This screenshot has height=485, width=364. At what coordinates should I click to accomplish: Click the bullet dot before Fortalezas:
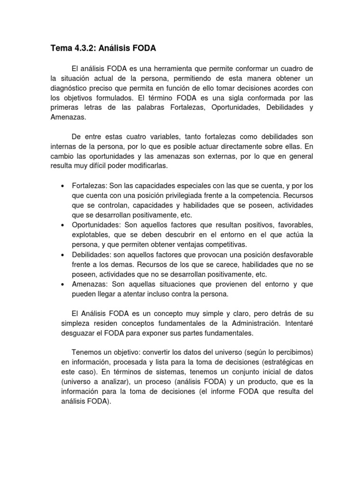tap(63, 187)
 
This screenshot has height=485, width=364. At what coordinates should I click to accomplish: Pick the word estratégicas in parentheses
tap(282, 363)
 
